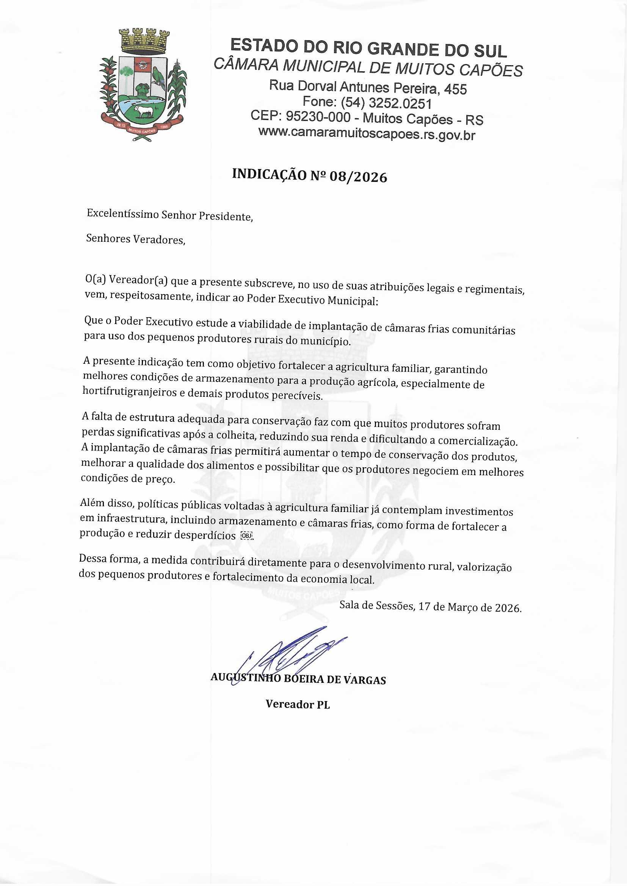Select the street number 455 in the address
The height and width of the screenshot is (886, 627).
(x=455, y=89)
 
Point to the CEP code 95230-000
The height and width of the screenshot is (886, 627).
(x=318, y=117)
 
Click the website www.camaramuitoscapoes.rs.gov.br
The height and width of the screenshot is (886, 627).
(x=367, y=133)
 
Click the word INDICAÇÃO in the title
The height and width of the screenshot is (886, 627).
(x=269, y=174)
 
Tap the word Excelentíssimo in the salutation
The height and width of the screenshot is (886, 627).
(x=122, y=213)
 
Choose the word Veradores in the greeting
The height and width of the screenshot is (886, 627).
(x=159, y=240)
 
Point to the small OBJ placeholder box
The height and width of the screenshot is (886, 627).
(x=246, y=535)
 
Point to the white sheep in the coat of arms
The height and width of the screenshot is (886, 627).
(x=143, y=111)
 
